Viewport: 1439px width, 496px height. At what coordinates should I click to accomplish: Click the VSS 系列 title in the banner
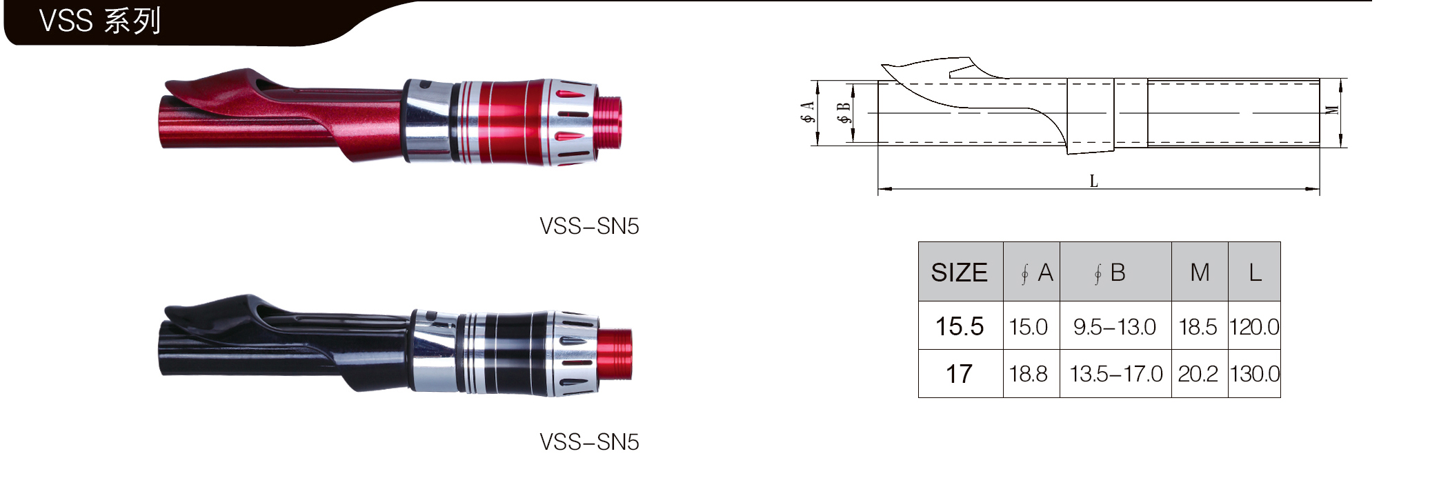100,21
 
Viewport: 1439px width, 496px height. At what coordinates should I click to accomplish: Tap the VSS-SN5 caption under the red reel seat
589,226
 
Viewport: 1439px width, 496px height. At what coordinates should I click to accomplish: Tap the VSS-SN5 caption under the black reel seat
589,442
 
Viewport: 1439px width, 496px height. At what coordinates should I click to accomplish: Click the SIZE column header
959,272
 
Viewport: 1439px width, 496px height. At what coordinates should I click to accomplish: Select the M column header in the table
1200,272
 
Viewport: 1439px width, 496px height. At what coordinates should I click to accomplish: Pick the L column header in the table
1255,272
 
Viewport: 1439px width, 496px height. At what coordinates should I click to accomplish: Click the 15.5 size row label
959,326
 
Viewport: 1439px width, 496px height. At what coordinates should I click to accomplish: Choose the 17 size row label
959,374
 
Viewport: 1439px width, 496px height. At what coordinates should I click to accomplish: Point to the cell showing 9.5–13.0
1115,327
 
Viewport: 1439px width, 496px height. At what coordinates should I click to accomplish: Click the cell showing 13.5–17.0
1115,374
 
